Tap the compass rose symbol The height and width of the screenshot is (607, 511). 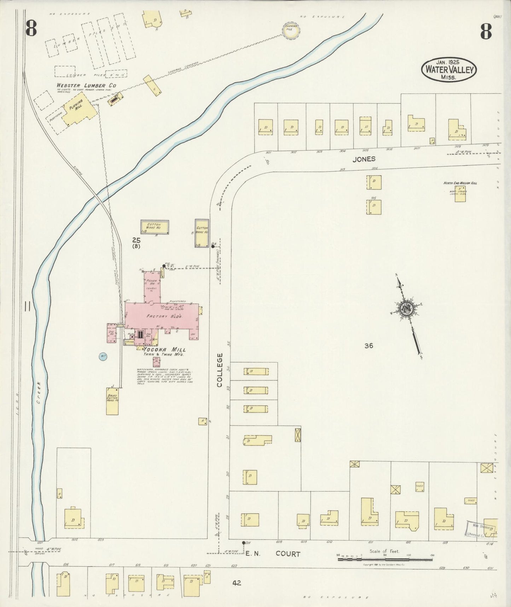405,308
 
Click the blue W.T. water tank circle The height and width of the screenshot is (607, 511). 103,356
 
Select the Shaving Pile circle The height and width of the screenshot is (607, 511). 292,31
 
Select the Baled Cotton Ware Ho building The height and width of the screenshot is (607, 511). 112,401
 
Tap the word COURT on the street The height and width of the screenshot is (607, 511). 288,554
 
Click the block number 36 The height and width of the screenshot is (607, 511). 368,346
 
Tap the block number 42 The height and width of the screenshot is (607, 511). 237,583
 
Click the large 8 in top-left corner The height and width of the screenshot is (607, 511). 31,29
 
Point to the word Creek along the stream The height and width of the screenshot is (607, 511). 39,393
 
